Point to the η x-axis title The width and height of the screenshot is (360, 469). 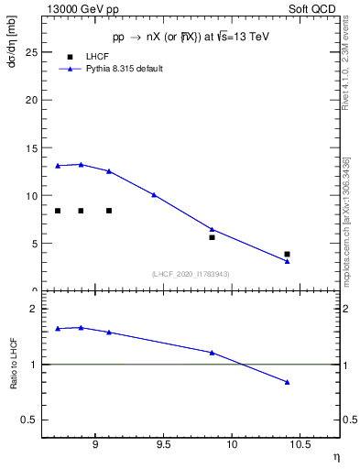[x=335, y=457]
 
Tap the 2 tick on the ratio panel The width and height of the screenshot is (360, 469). [x=34, y=310]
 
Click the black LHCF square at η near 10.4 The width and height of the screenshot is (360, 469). [x=287, y=254]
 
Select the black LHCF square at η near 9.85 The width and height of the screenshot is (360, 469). [x=212, y=237]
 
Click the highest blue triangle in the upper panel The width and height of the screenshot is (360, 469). [x=82, y=165]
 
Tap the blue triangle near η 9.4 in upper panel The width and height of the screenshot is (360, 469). [x=154, y=194]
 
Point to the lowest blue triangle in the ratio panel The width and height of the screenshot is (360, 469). [x=287, y=382]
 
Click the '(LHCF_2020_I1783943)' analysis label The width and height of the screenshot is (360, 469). [x=191, y=273]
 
